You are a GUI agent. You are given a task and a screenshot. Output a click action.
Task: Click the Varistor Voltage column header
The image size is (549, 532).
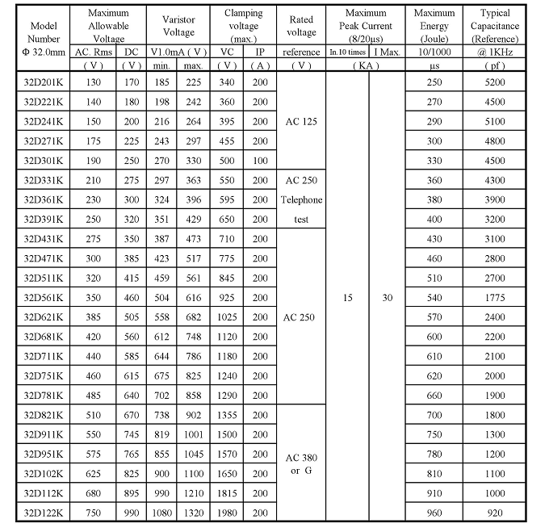pyautogui.click(x=178, y=26)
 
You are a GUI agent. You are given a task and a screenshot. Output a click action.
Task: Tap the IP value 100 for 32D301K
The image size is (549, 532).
pyautogui.click(x=260, y=161)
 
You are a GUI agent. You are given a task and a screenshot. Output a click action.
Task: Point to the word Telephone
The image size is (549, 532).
pyautogui.click(x=301, y=199)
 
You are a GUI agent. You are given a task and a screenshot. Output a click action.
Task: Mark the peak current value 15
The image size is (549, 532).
pyautogui.click(x=347, y=298)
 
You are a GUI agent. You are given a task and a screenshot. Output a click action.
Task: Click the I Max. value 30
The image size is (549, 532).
pyautogui.click(x=388, y=298)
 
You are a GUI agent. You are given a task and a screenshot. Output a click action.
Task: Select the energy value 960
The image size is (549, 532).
pyautogui.click(x=435, y=512)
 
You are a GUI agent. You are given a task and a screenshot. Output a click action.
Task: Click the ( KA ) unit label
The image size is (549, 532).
pyautogui.click(x=367, y=65)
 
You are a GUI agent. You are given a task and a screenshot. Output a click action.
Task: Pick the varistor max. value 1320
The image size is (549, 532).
pyautogui.click(x=193, y=512)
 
